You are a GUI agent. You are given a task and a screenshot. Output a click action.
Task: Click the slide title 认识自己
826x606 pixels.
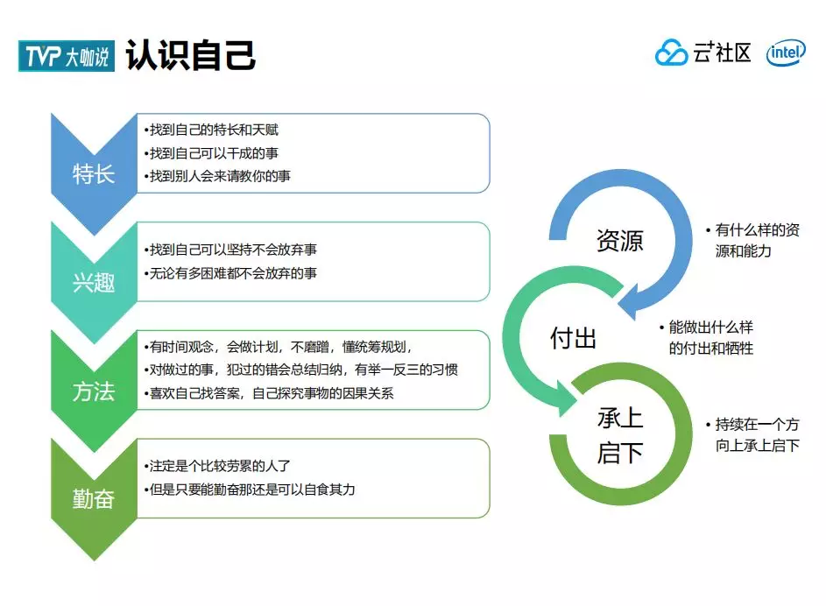[191, 54]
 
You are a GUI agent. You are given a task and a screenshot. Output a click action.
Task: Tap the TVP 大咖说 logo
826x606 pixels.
[67, 56]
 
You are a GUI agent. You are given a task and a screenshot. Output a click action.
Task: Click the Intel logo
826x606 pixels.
[786, 53]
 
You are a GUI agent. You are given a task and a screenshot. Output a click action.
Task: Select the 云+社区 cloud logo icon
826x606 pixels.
[672, 53]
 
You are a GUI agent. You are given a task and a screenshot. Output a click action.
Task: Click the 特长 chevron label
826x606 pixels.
[94, 173]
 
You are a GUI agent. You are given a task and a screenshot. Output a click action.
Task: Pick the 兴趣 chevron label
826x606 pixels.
[94, 283]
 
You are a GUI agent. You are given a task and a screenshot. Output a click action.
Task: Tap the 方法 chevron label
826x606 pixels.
[94, 391]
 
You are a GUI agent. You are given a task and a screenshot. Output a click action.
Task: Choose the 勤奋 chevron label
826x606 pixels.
[94, 499]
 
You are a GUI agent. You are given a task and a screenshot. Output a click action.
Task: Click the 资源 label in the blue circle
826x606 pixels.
[619, 241]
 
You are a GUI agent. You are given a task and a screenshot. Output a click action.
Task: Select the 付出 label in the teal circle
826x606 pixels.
[573, 338]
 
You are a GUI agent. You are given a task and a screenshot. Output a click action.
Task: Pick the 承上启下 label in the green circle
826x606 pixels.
[620, 435]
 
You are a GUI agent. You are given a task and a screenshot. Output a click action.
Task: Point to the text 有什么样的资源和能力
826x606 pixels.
[755, 241]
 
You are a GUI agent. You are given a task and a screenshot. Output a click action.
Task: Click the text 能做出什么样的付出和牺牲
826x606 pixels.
[710, 338]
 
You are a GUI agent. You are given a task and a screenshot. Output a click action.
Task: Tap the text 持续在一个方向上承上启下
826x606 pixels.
[755, 435]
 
